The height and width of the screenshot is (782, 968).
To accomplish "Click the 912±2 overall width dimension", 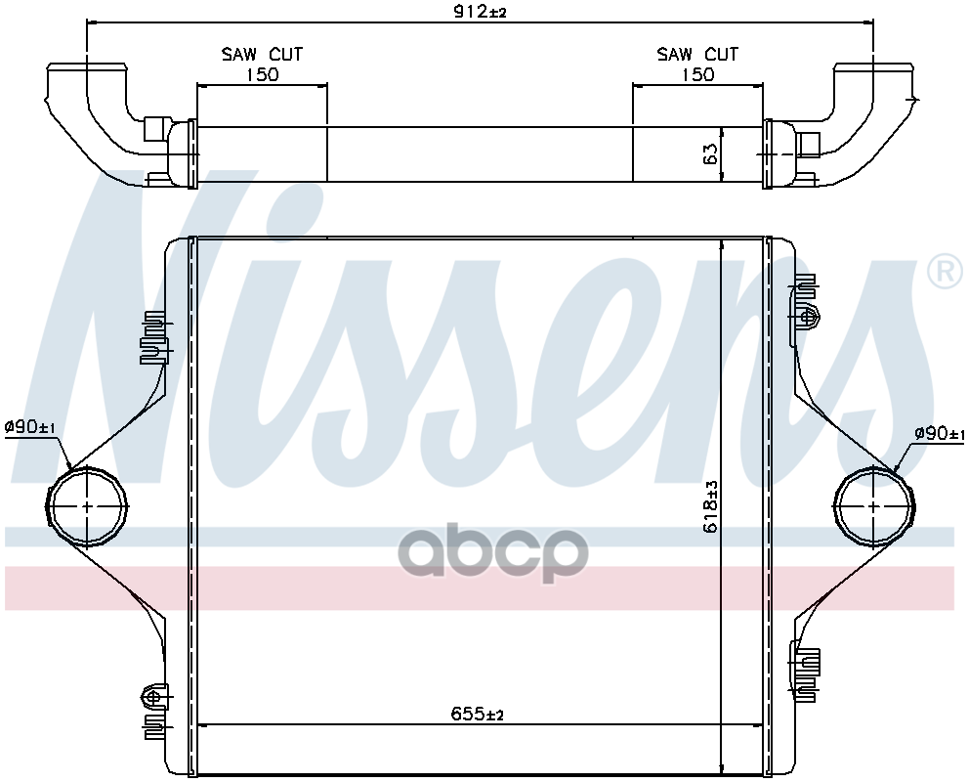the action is point(478,12).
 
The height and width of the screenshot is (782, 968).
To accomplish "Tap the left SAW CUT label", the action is point(262,54).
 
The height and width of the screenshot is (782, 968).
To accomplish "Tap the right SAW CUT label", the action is point(697,54).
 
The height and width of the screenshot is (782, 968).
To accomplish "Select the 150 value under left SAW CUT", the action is point(262,74).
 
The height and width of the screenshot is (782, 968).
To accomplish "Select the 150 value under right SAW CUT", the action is point(697,74).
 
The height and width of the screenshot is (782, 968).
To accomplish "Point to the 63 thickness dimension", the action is point(710,153).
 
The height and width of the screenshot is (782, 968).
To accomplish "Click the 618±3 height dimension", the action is point(711,506).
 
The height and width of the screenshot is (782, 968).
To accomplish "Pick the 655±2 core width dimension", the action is point(478,715).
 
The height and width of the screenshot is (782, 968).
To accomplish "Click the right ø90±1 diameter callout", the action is point(939,433).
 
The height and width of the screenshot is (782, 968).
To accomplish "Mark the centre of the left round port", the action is point(88,506).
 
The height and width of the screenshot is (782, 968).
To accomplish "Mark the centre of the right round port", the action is point(875,506).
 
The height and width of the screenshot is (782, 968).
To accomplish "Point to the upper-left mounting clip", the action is point(153,337).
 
